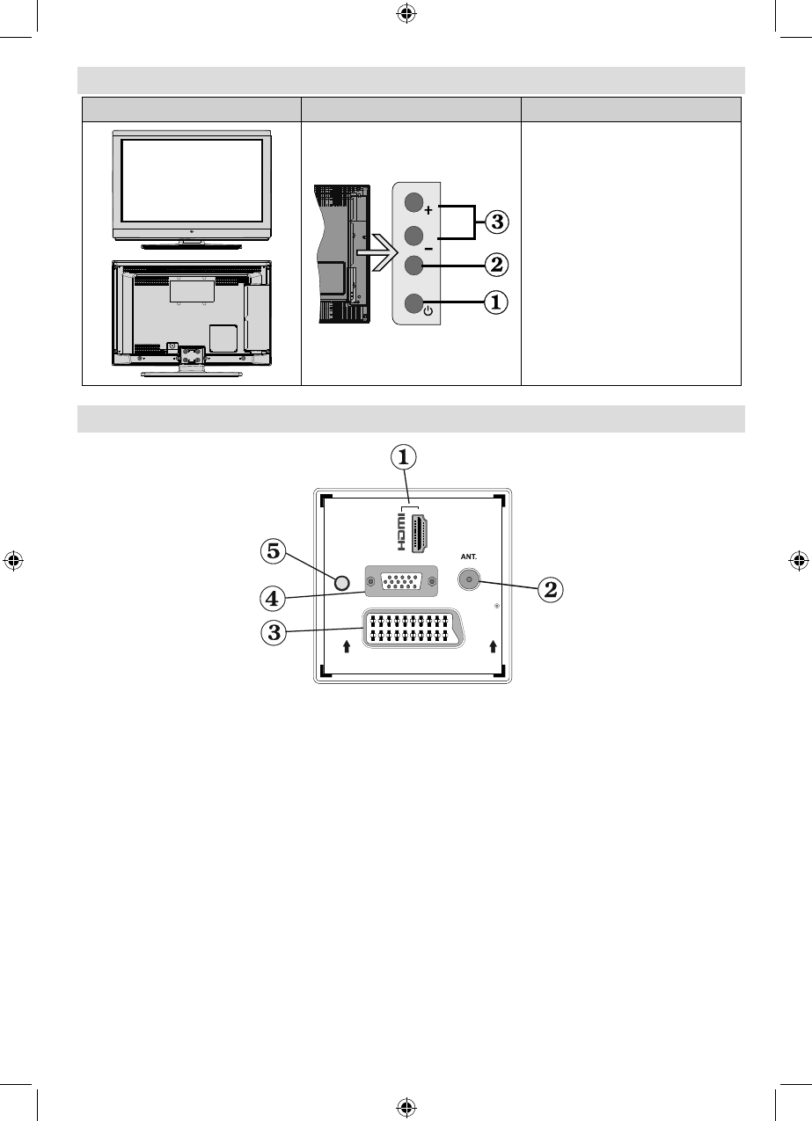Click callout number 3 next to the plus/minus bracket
pos(497,221)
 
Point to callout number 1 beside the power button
pos(497,303)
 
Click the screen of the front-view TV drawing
pos(191,178)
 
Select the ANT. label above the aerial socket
pos(468,556)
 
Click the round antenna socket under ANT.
pos(469,581)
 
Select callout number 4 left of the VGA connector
pos(274,598)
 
